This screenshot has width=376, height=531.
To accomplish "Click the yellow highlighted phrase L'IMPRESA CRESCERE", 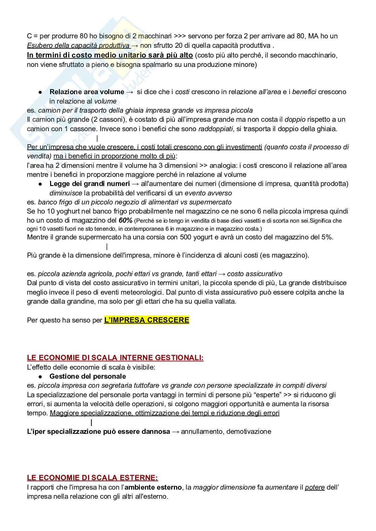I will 147,320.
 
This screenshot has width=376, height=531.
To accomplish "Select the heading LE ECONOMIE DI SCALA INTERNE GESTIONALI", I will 115,358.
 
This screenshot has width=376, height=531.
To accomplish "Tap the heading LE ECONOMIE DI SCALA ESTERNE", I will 92,478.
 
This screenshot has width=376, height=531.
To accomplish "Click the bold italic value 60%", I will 125,221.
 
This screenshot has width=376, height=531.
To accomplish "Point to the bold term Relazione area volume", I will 87,92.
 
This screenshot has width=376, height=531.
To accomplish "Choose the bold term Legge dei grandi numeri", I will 89,184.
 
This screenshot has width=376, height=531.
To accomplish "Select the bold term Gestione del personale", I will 87,376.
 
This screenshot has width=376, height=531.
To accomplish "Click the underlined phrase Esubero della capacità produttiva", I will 78,45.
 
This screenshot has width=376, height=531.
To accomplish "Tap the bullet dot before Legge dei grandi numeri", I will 40,184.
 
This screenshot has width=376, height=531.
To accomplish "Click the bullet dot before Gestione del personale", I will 40,377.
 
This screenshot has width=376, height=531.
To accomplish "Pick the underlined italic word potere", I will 315,487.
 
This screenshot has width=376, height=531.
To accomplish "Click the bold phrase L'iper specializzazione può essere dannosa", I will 99,431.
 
